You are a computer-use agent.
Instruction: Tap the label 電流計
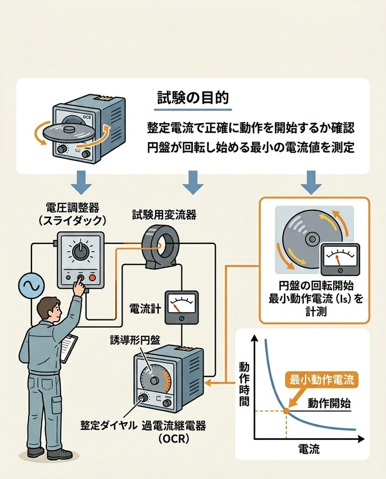coord(144,307)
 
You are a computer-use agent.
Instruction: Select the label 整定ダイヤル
coord(109,426)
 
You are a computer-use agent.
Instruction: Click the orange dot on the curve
coord(286,410)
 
